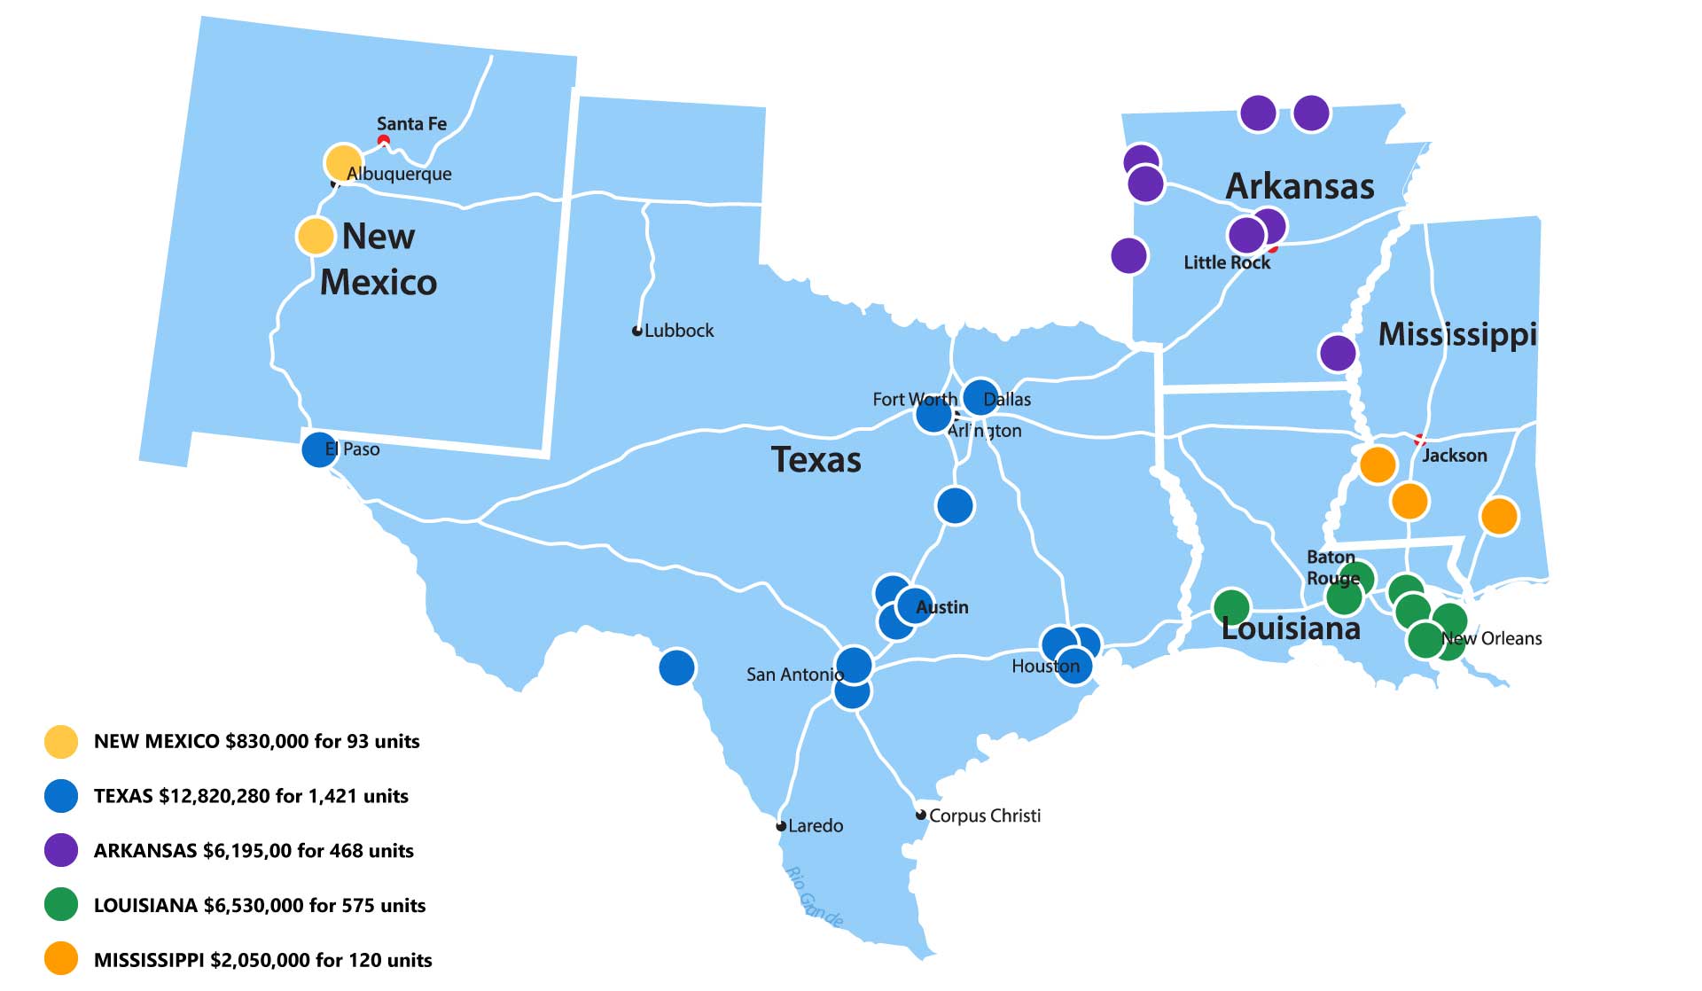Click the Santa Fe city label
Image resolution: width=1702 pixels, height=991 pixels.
tap(411, 124)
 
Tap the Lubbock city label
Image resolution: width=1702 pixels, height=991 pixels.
tap(678, 331)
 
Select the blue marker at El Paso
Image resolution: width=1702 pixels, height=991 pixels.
tap(319, 449)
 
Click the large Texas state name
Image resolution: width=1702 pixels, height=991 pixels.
tap(816, 460)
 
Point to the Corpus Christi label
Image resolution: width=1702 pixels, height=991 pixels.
tap(984, 815)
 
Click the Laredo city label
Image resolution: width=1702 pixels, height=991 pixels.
tap(815, 826)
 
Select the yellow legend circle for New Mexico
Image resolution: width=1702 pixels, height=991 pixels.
tap(61, 741)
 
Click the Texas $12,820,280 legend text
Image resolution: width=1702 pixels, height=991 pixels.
tap(251, 796)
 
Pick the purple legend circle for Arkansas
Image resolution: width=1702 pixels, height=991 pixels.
tap(61, 850)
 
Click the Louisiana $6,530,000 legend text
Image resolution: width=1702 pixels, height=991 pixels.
tap(260, 905)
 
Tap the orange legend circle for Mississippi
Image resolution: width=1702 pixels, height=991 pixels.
tap(61, 959)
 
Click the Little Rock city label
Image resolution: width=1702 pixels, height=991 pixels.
tap(1226, 262)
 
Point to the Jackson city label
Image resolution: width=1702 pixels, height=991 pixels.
tap(1454, 456)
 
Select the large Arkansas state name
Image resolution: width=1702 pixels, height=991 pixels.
tap(1300, 187)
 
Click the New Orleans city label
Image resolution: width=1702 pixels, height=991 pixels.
tap(1492, 639)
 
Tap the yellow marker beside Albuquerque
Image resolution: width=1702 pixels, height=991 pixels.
tap(342, 162)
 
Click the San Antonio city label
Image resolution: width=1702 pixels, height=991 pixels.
tap(794, 675)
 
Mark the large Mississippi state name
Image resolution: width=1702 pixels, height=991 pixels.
tap(1456, 334)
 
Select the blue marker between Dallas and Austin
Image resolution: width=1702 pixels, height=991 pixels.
tap(955, 505)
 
